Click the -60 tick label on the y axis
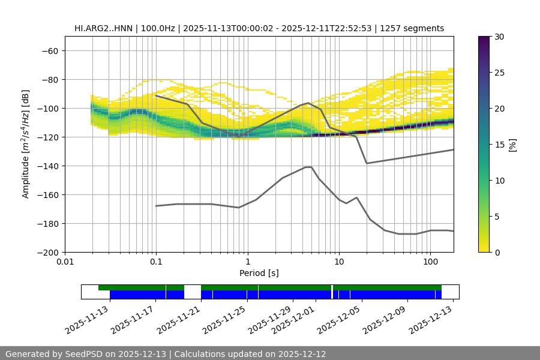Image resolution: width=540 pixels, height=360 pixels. pyautogui.click(x=49, y=50)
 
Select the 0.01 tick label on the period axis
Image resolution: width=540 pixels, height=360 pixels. pyautogui.click(x=65, y=262)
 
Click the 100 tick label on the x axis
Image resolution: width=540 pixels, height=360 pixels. pyautogui.click(x=430, y=262)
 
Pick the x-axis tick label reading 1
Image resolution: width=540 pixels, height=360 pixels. pyautogui.click(x=247, y=262)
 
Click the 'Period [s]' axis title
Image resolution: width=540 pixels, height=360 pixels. pyautogui.click(x=259, y=273)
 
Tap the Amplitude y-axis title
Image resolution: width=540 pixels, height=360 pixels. pyautogui.click(x=26, y=144)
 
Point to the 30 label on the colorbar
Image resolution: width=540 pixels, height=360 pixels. pyautogui.click(x=499, y=37)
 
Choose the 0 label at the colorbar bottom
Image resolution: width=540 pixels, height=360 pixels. pyautogui.click(x=496, y=252)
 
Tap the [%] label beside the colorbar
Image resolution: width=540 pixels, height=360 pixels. pyautogui.click(x=512, y=144)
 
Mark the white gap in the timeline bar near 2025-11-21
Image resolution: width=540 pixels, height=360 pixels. pyautogui.click(x=192, y=292)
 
